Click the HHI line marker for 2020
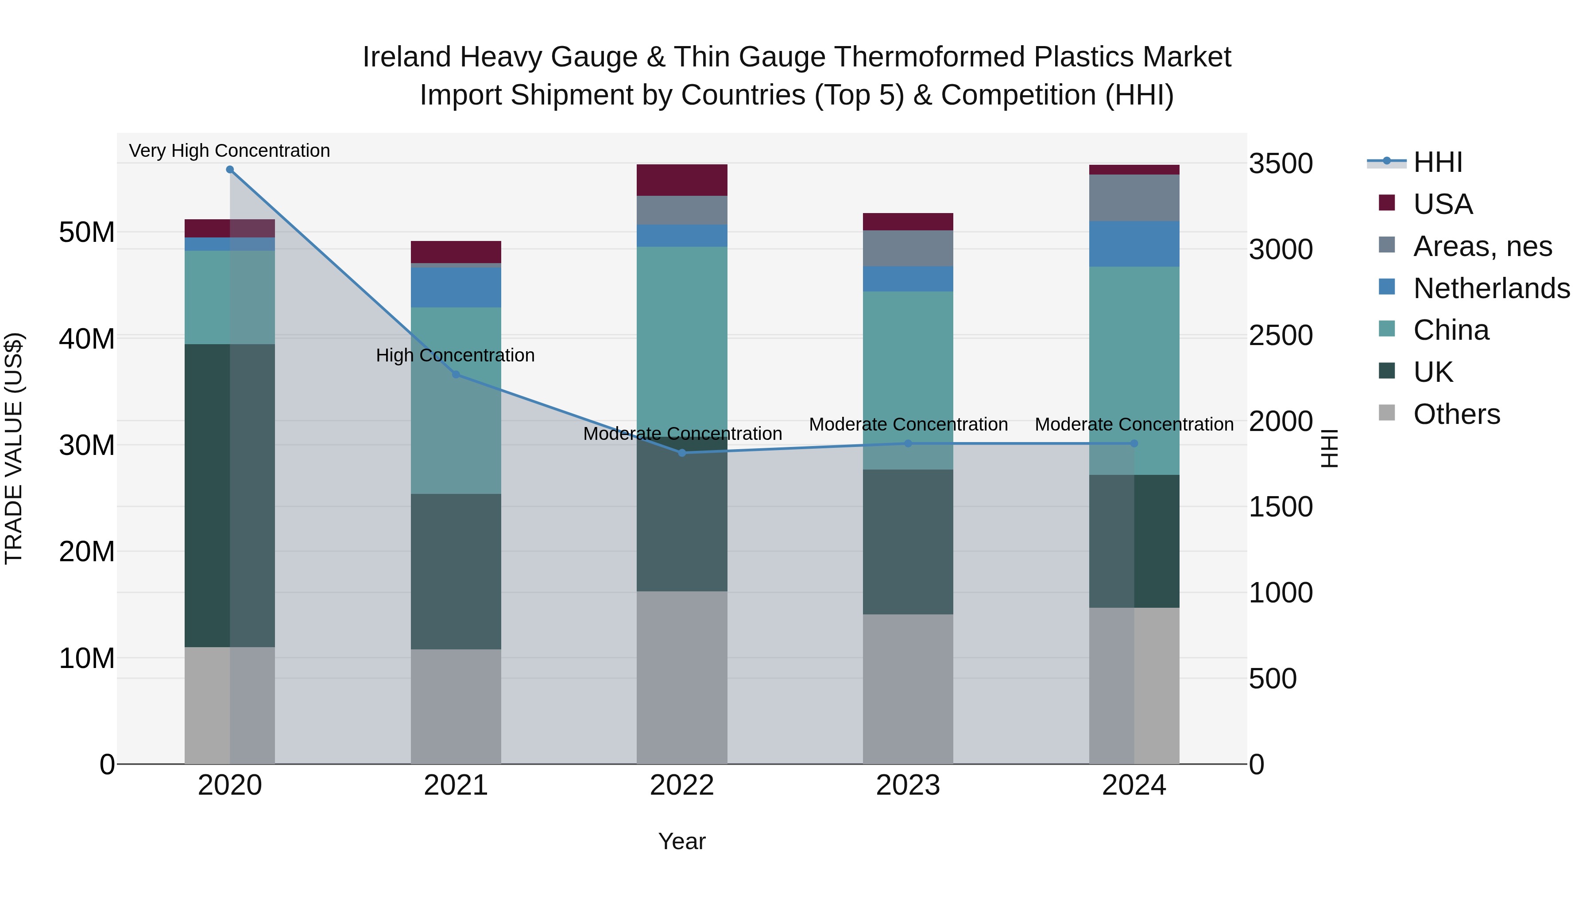[x=229, y=170]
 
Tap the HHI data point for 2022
[x=682, y=453]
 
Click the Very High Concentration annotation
[x=229, y=151]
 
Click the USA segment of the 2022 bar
[x=682, y=180]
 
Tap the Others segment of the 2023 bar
[x=908, y=688]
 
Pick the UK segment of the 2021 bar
[x=456, y=571]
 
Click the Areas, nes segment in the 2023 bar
[x=908, y=248]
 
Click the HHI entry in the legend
[x=1437, y=162]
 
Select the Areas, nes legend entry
[x=1482, y=246]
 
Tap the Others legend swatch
[x=1387, y=413]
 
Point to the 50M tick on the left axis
[x=87, y=233]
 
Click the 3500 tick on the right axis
[x=1280, y=164]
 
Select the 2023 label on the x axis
[x=908, y=785]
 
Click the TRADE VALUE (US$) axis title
[x=14, y=448]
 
